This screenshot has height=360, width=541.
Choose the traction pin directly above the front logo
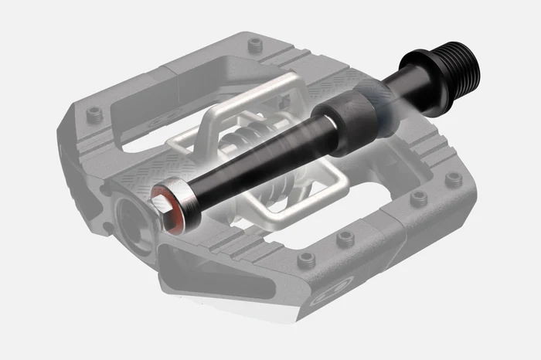coord(346,239)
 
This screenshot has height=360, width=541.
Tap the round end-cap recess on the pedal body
coord(130,219)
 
